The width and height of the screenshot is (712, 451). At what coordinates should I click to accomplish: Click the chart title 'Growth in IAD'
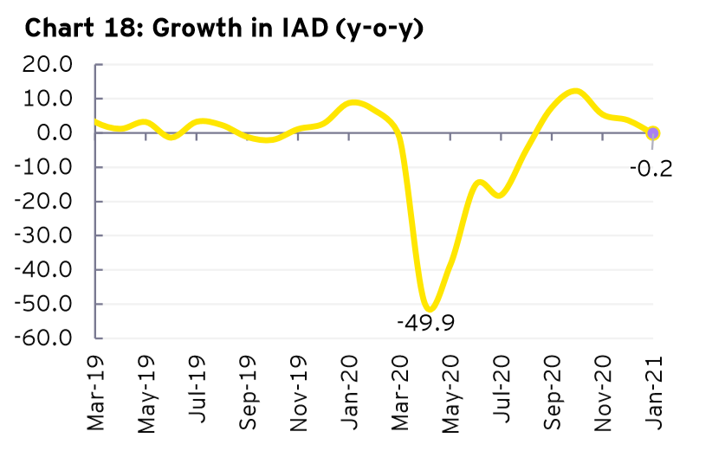(286, 29)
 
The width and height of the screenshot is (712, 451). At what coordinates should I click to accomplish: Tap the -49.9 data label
(425, 324)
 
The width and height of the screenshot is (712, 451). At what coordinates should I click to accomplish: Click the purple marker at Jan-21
(653, 133)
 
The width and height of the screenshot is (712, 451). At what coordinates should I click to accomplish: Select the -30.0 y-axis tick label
(48, 235)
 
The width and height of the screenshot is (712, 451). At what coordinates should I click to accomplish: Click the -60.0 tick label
(48, 338)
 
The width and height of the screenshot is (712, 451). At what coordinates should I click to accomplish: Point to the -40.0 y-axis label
(48, 269)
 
